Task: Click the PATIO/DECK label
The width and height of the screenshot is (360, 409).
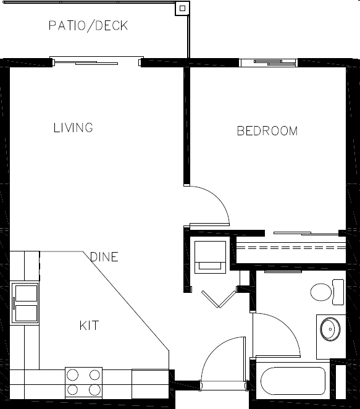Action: (88, 26)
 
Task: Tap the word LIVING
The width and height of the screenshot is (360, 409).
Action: (73, 128)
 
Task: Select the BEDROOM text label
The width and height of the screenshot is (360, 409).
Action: (267, 131)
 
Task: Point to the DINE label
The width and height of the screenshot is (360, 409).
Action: (104, 257)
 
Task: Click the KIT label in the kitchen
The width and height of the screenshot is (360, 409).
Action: (89, 325)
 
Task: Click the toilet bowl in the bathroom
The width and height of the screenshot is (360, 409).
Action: (321, 292)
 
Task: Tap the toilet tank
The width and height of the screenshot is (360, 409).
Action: (338, 292)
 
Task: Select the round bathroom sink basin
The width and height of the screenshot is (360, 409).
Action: (330, 329)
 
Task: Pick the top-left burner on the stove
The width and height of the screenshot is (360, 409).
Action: (73, 374)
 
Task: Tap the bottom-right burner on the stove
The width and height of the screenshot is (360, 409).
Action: (94, 390)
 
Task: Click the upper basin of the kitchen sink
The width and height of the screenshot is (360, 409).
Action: (25, 293)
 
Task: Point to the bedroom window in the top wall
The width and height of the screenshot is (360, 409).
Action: (268, 62)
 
